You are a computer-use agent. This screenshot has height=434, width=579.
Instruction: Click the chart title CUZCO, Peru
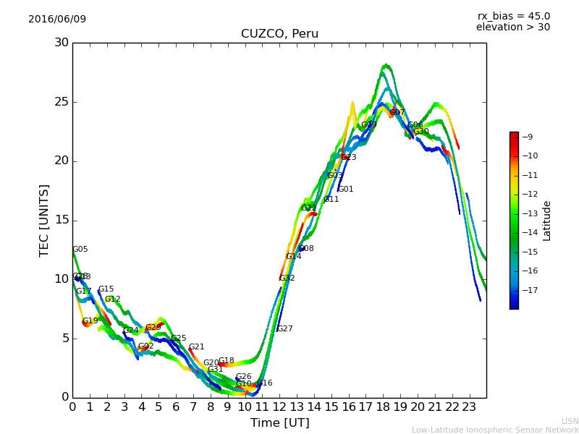point(279,34)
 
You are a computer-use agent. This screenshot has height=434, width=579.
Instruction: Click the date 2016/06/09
point(57,19)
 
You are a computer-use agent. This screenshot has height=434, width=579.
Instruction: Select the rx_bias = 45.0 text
point(513,16)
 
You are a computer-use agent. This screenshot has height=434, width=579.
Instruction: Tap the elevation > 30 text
point(512,27)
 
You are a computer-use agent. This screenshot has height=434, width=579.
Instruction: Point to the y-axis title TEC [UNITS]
point(44,220)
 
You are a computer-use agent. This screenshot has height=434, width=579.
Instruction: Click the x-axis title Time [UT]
point(279,423)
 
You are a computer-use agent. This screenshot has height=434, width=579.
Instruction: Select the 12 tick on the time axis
point(279,407)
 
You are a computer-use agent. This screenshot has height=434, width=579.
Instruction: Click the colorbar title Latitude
point(547,221)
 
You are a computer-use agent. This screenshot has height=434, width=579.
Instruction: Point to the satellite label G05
point(80,250)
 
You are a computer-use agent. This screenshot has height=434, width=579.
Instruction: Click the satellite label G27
point(285,329)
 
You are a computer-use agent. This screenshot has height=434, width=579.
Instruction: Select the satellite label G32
point(287,278)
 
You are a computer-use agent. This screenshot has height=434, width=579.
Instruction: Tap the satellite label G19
point(90,321)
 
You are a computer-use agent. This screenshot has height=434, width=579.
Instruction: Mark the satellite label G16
point(265,383)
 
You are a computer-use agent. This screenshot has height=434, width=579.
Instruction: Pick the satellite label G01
point(346,190)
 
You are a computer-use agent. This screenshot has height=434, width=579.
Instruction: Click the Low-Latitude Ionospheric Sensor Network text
point(495,430)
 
